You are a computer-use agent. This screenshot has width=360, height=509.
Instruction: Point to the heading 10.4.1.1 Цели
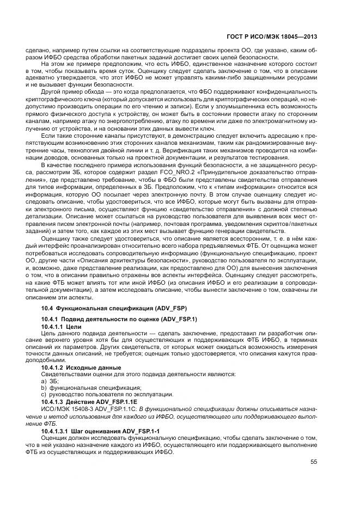tap(61, 326)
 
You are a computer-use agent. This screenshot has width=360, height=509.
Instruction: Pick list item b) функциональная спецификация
tap(81, 388)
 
